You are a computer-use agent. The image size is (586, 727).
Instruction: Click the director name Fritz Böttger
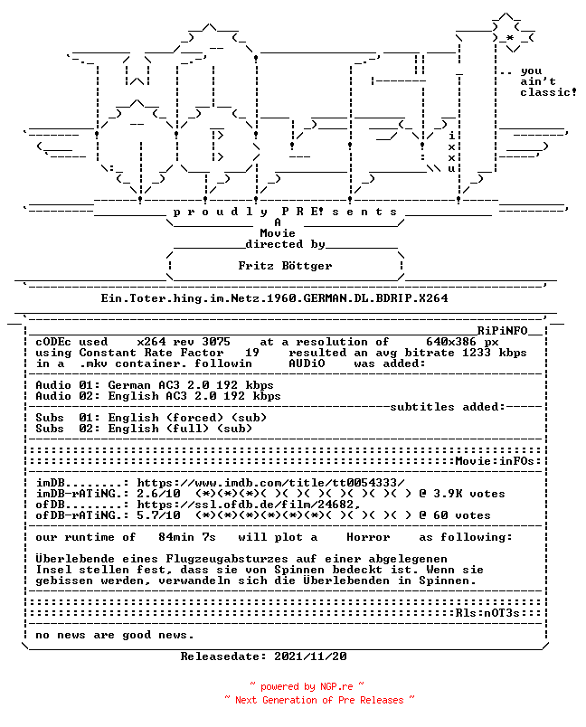[x=285, y=266]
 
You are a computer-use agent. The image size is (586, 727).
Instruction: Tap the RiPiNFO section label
[x=503, y=331]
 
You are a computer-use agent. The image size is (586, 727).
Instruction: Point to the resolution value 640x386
[x=451, y=342]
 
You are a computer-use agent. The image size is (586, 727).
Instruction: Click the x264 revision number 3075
[x=216, y=342]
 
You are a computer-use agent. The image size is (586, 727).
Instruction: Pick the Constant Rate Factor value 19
[x=252, y=353]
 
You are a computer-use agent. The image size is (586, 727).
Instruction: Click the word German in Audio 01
[x=129, y=385]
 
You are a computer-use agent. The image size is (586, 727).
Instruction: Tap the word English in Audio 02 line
[x=133, y=396]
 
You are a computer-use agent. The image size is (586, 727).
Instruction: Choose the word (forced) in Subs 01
[x=194, y=418]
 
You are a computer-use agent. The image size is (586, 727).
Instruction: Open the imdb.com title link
[x=270, y=483]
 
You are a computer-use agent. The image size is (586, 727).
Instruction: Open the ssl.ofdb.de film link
[x=249, y=505]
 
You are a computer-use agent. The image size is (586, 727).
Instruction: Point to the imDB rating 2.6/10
[x=158, y=494]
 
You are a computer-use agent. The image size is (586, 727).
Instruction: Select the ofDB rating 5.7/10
[x=158, y=515]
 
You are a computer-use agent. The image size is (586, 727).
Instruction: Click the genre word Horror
[x=368, y=537]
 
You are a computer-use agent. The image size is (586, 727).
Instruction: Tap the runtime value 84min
[x=176, y=537]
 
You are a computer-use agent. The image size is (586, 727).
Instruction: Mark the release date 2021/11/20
[x=310, y=656]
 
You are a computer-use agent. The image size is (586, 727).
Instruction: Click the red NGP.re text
[x=336, y=686]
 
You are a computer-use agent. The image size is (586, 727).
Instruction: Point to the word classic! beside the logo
[x=548, y=92]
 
